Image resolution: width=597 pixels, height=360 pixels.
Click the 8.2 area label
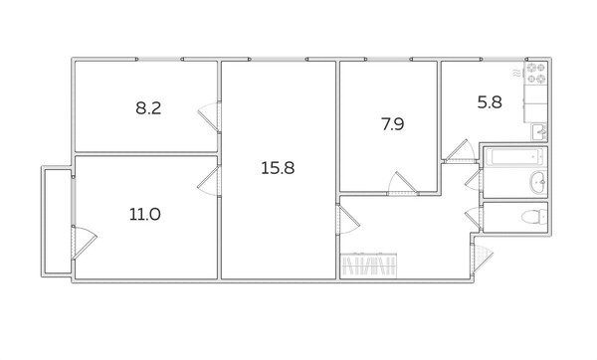pyautogui.click(x=148, y=108)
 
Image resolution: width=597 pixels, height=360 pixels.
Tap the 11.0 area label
pyautogui.click(x=144, y=214)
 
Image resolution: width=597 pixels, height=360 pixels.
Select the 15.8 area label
pyautogui.click(x=278, y=168)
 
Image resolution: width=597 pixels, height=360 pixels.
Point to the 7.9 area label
pyautogui.click(x=393, y=124)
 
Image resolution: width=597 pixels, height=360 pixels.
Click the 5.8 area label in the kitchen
pyautogui.click(x=490, y=102)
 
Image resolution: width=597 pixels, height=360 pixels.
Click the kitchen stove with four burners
pyautogui.click(x=536, y=74)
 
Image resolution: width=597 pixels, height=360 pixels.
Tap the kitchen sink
pyautogui.click(x=539, y=132)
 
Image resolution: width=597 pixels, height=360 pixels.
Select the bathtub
pyautogui.click(x=514, y=157)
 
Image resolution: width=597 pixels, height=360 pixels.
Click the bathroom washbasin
pyautogui.click(x=538, y=182)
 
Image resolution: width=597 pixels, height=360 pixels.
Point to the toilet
pyautogui.click(x=533, y=218)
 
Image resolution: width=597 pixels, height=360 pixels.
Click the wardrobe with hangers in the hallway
pyautogui.click(x=368, y=266)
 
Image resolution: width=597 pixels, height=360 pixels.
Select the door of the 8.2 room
pyautogui.click(x=209, y=116)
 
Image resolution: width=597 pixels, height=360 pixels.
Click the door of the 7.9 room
pyautogui.click(x=403, y=184)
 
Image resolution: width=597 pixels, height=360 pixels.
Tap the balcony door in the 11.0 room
pyautogui.click(x=84, y=242)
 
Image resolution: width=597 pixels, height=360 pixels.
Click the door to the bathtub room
pyautogui.click(x=474, y=180)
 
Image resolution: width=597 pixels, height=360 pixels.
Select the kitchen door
pyautogui.click(x=460, y=151)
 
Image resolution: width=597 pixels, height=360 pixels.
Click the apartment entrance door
pyautogui.click(x=483, y=259)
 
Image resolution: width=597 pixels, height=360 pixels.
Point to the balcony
pyautogui.click(x=57, y=222)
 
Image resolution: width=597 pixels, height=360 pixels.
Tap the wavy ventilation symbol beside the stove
pyautogui.click(x=516, y=74)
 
